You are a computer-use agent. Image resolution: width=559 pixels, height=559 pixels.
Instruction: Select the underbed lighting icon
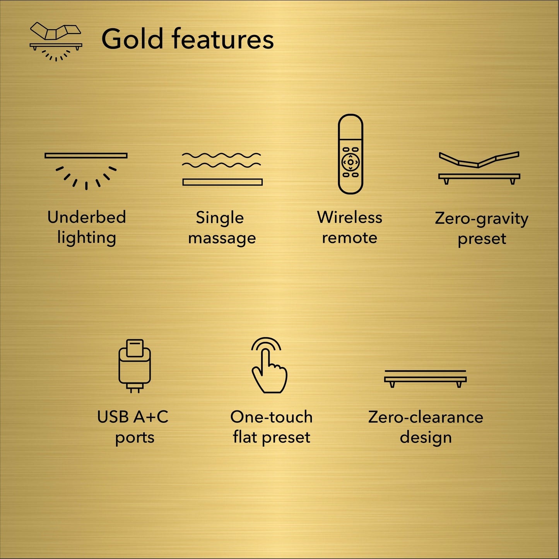(x=86, y=170)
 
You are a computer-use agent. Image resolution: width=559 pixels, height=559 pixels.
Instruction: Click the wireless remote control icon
(x=350, y=154)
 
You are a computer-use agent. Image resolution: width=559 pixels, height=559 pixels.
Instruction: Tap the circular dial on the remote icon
(x=350, y=162)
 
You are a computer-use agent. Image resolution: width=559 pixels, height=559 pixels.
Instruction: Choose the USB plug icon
(x=134, y=366)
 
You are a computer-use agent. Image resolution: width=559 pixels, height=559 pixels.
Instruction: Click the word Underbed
(x=87, y=217)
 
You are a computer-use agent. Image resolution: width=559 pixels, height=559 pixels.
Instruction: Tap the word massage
(x=222, y=238)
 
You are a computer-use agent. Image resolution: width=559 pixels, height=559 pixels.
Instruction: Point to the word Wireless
(x=350, y=217)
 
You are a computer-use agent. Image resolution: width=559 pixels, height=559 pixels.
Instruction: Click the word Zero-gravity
(x=482, y=219)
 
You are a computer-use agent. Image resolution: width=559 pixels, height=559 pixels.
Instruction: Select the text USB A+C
(x=133, y=417)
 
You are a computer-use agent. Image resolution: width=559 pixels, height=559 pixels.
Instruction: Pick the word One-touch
(x=271, y=417)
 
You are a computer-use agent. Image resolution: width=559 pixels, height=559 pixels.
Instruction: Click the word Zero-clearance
(x=426, y=417)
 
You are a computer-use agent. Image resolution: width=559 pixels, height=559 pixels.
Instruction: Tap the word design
(x=426, y=438)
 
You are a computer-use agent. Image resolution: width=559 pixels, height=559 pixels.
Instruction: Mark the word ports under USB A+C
(x=135, y=438)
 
